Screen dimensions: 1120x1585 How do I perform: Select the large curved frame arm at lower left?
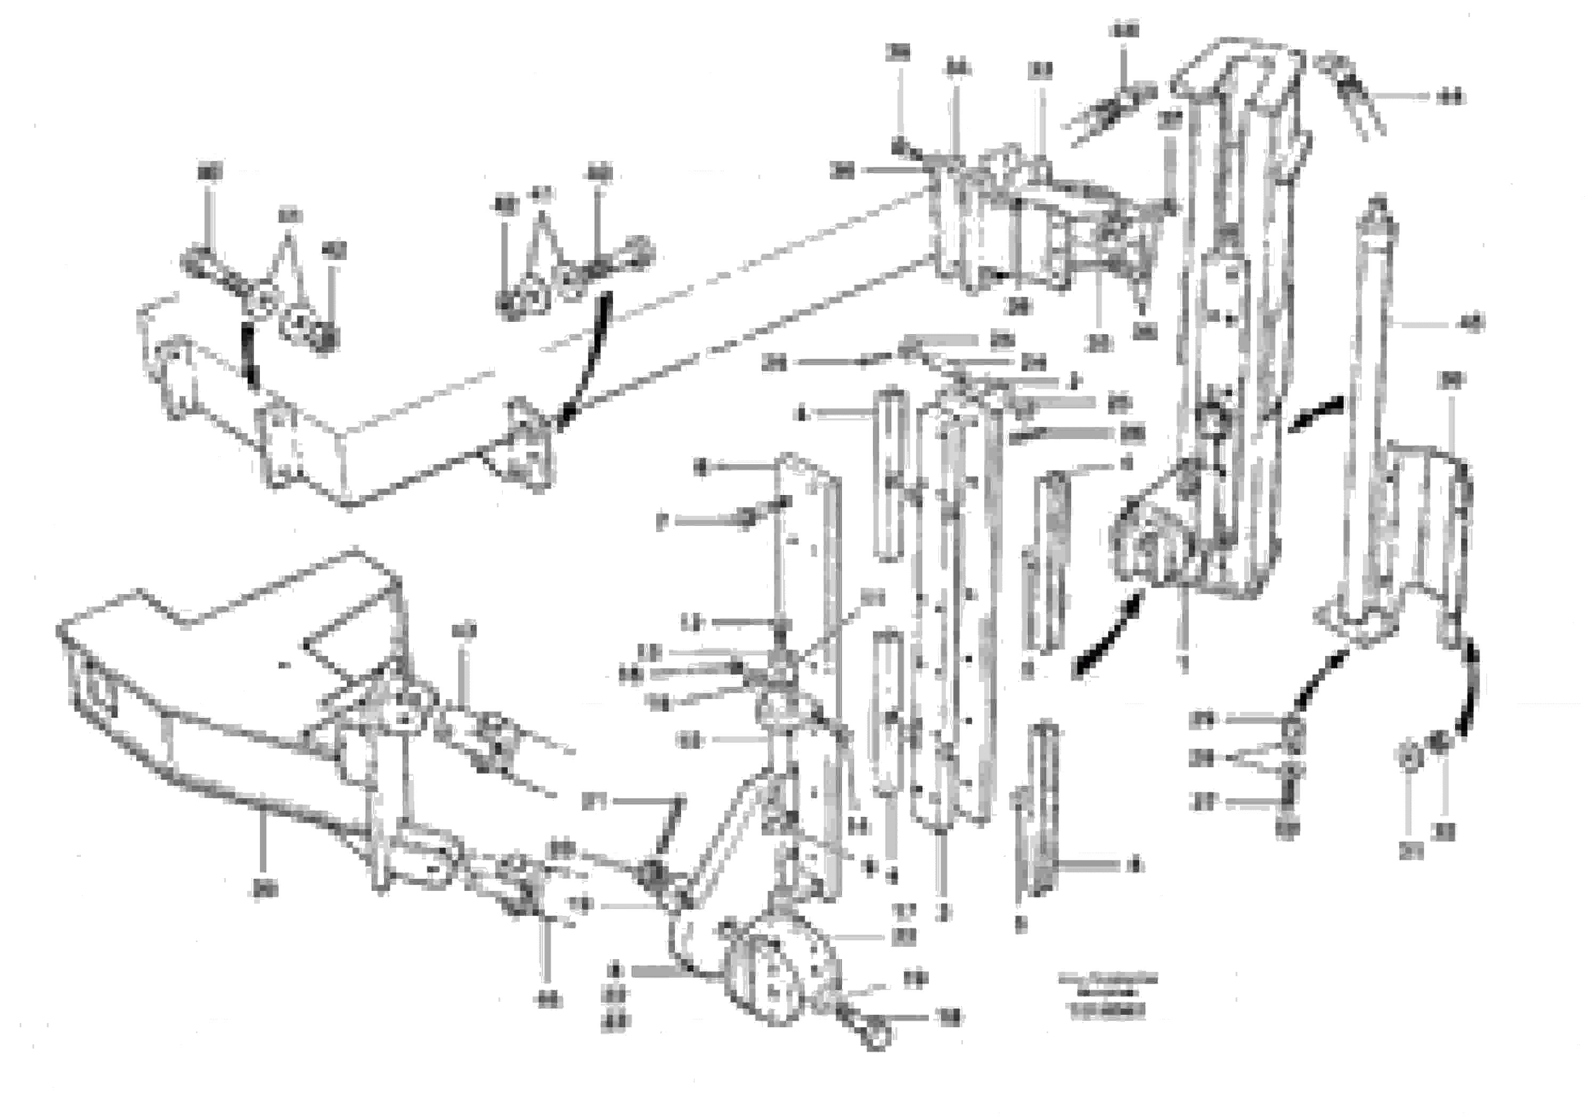click(x=207, y=732)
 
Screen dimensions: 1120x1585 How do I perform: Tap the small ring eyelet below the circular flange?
click(x=876, y=1036)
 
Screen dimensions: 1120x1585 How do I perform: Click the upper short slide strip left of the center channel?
click(x=890, y=476)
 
